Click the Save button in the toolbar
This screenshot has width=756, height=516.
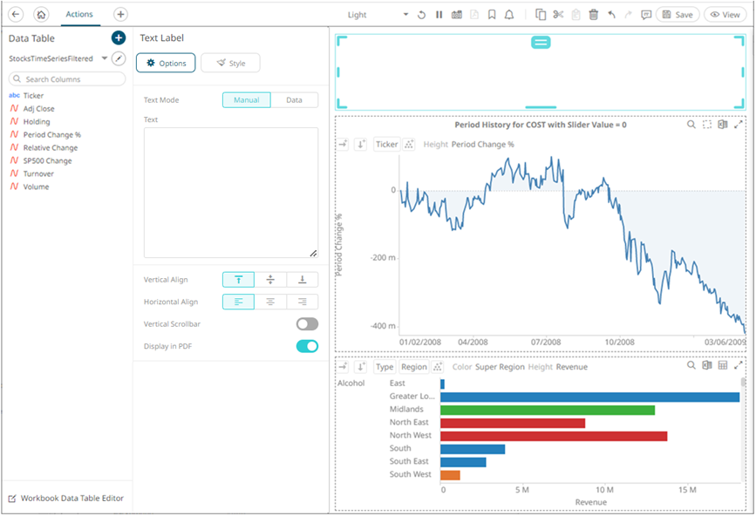point(678,15)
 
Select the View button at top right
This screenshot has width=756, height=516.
point(725,15)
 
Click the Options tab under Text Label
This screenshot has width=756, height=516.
point(166,63)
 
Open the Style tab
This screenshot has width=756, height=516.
point(230,63)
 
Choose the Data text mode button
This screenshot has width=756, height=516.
point(294,100)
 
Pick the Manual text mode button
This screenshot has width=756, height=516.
point(247,100)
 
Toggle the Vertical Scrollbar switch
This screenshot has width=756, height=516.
point(307,324)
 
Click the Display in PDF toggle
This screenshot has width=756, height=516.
point(307,346)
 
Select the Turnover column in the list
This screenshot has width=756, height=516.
point(38,173)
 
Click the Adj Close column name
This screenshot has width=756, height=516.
point(38,109)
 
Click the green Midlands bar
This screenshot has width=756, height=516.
point(548,410)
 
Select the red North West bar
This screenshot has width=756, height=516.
point(554,436)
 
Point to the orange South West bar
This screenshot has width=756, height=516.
point(450,475)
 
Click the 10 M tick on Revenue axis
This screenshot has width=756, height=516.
point(604,490)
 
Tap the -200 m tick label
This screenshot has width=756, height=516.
point(382,258)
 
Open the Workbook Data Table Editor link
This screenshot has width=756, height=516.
point(72,499)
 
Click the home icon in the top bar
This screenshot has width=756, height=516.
point(41,15)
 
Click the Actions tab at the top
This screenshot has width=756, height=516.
point(79,14)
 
